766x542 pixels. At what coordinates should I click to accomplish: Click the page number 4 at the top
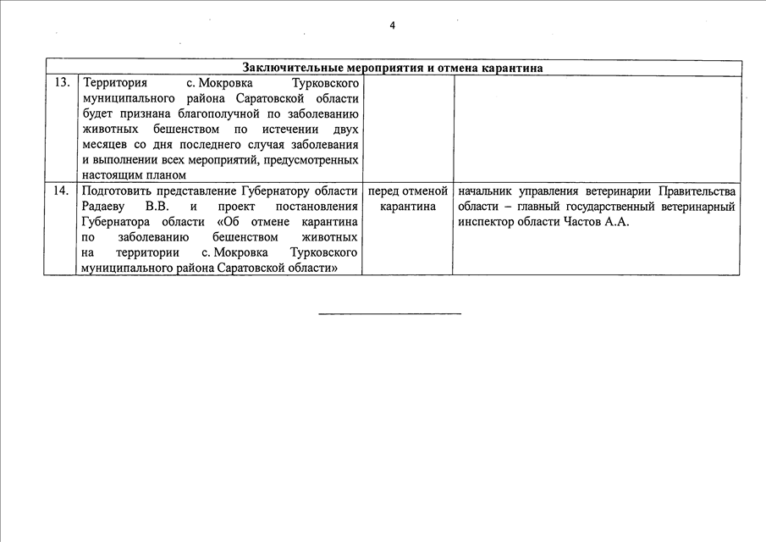pyautogui.click(x=392, y=25)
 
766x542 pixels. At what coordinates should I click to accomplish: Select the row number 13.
pyautogui.click(x=61, y=84)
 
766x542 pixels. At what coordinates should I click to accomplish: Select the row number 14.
pyautogui.click(x=61, y=191)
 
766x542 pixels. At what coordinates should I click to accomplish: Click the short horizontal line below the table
pyautogui.click(x=389, y=314)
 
